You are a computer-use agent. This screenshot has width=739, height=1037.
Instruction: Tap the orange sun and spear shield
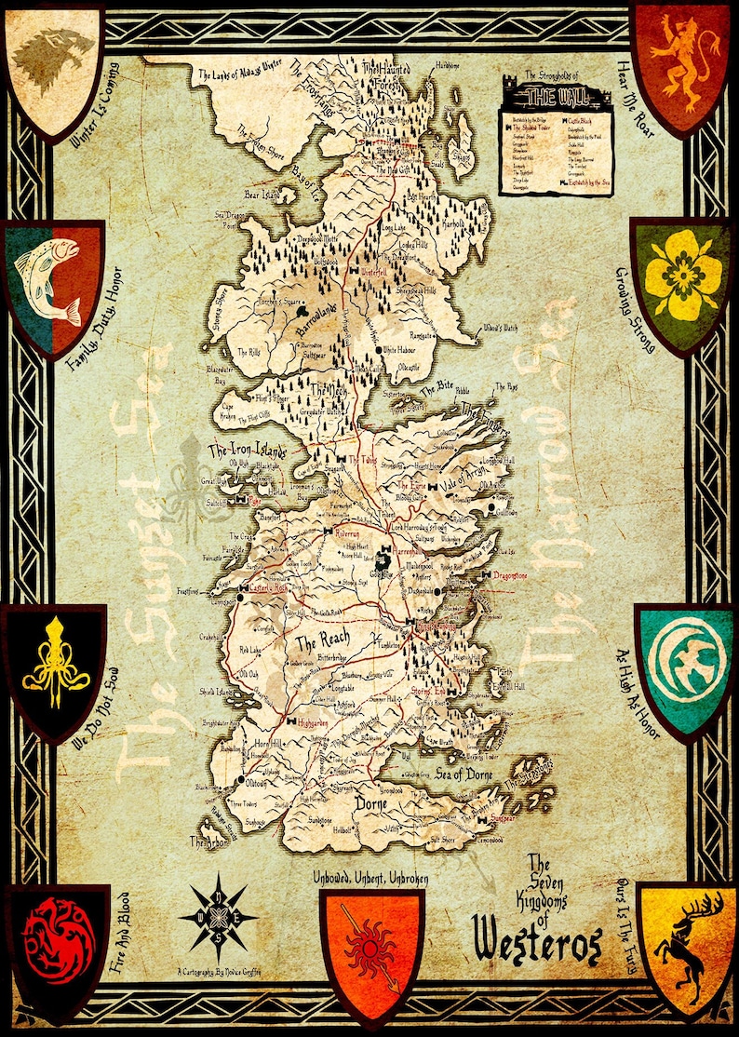[x=370, y=951]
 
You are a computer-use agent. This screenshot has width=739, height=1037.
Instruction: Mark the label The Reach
[x=321, y=642]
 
